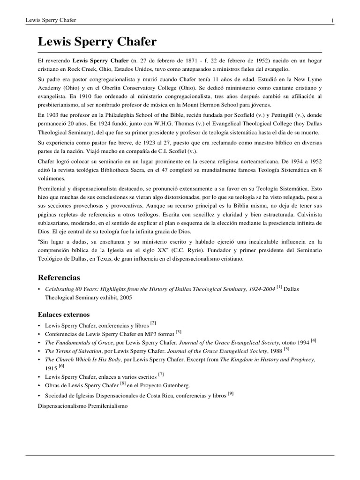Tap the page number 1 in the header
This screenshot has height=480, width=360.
coord(332,20)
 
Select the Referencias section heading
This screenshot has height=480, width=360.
coord(59,277)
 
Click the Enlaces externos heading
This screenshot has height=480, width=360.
coord(63,314)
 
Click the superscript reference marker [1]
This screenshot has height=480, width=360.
coord(279,287)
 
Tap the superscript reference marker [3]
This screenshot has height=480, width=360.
coord(179,332)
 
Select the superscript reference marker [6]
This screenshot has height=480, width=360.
coord(61,366)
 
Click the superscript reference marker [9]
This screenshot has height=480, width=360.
coord(231,393)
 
